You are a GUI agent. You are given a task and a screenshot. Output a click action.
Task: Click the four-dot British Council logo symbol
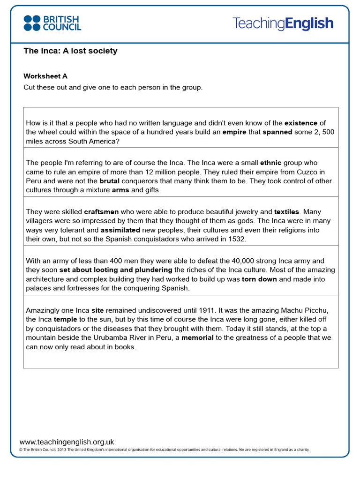(x=32, y=23)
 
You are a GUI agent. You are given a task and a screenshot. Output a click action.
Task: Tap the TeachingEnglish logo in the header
(x=283, y=23)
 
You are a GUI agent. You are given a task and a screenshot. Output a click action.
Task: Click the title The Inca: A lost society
(x=70, y=51)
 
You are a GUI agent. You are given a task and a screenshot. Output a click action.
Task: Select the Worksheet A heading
(x=45, y=76)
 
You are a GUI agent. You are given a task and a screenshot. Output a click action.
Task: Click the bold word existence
(x=301, y=123)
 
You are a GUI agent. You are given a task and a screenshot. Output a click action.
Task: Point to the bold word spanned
(x=277, y=132)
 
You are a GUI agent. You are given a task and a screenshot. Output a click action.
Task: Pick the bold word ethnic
(x=270, y=163)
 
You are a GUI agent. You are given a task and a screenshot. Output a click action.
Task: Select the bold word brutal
(x=110, y=181)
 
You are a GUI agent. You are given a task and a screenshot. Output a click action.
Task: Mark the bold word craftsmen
(x=103, y=212)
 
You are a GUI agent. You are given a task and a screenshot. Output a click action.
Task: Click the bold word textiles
(x=286, y=212)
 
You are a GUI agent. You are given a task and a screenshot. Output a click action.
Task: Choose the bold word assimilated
(x=120, y=230)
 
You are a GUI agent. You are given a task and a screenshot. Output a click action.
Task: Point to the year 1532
(x=237, y=239)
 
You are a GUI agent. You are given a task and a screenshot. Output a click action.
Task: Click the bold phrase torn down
(x=259, y=279)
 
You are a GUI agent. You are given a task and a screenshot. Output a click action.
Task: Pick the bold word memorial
(x=197, y=337)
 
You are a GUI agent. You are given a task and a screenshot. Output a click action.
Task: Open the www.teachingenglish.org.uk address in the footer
(x=67, y=442)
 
